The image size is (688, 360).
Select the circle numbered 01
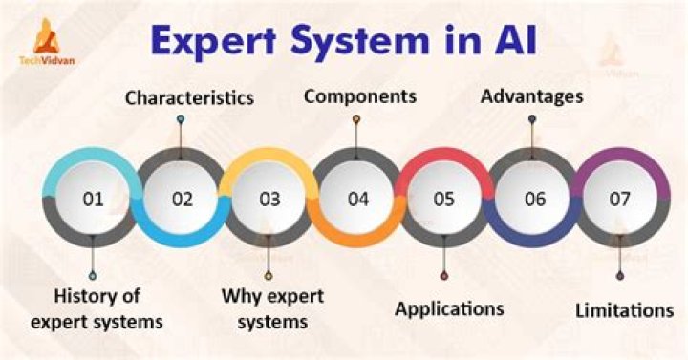pyautogui.click(x=93, y=200)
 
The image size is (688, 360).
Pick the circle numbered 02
pyautogui.click(x=182, y=200)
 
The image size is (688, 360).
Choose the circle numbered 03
pyautogui.click(x=269, y=200)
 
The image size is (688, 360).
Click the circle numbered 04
pyautogui.click(x=357, y=200)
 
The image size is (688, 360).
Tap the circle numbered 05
pyautogui.click(x=444, y=200)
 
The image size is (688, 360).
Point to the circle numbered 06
pyautogui.click(x=533, y=200)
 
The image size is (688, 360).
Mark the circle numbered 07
pyautogui.click(x=620, y=200)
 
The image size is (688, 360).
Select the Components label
pyautogui.click(x=359, y=96)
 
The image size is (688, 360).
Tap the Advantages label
pyautogui.click(x=533, y=96)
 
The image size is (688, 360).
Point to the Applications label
pyautogui.click(x=449, y=308)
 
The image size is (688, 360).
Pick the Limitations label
pyautogui.click(x=624, y=309)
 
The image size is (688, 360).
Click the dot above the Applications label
pyautogui.click(x=444, y=276)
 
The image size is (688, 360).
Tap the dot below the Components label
pyautogui.click(x=356, y=120)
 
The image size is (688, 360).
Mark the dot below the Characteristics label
pyautogui.click(x=180, y=120)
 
